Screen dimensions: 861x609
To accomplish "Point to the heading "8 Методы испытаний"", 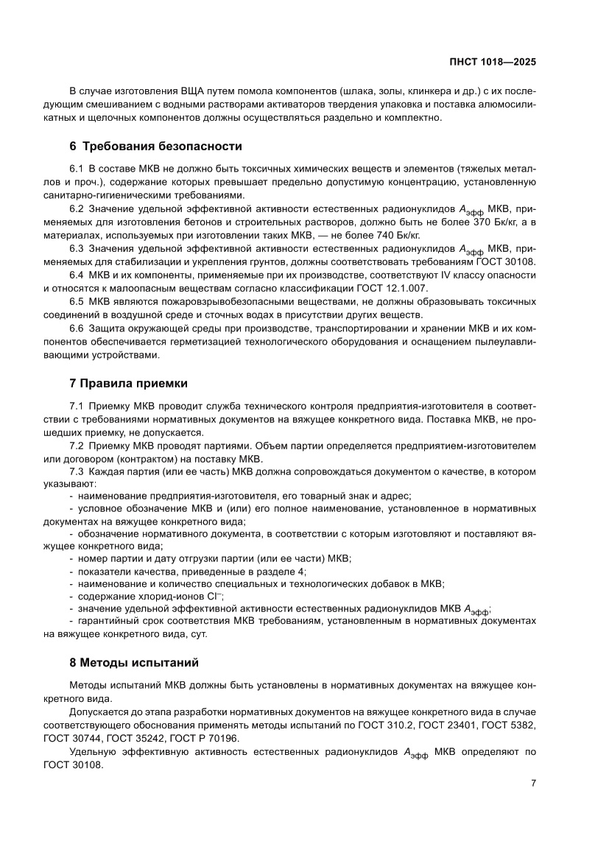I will click(x=133, y=662).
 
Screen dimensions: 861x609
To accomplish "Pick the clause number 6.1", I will click(x=77, y=169).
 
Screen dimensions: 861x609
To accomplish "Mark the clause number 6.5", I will click(x=77, y=302).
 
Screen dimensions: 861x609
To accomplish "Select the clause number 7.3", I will click(x=77, y=471).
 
